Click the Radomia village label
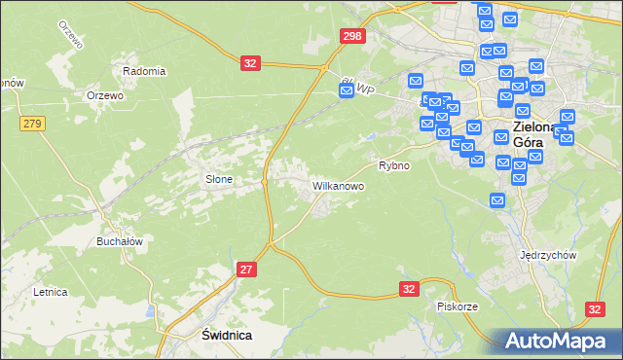[144, 71]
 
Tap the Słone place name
[219, 179]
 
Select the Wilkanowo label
[338, 185]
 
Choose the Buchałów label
[120, 242]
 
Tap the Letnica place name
[50, 291]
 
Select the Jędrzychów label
[549, 255]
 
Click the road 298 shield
[353, 36]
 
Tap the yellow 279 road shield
[32, 123]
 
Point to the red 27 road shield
[247, 270]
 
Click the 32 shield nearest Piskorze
[409, 289]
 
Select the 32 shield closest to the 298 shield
[251, 63]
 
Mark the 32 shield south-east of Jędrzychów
[596, 308]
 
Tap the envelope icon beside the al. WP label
[347, 90]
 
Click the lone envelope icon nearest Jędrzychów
[497, 200]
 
